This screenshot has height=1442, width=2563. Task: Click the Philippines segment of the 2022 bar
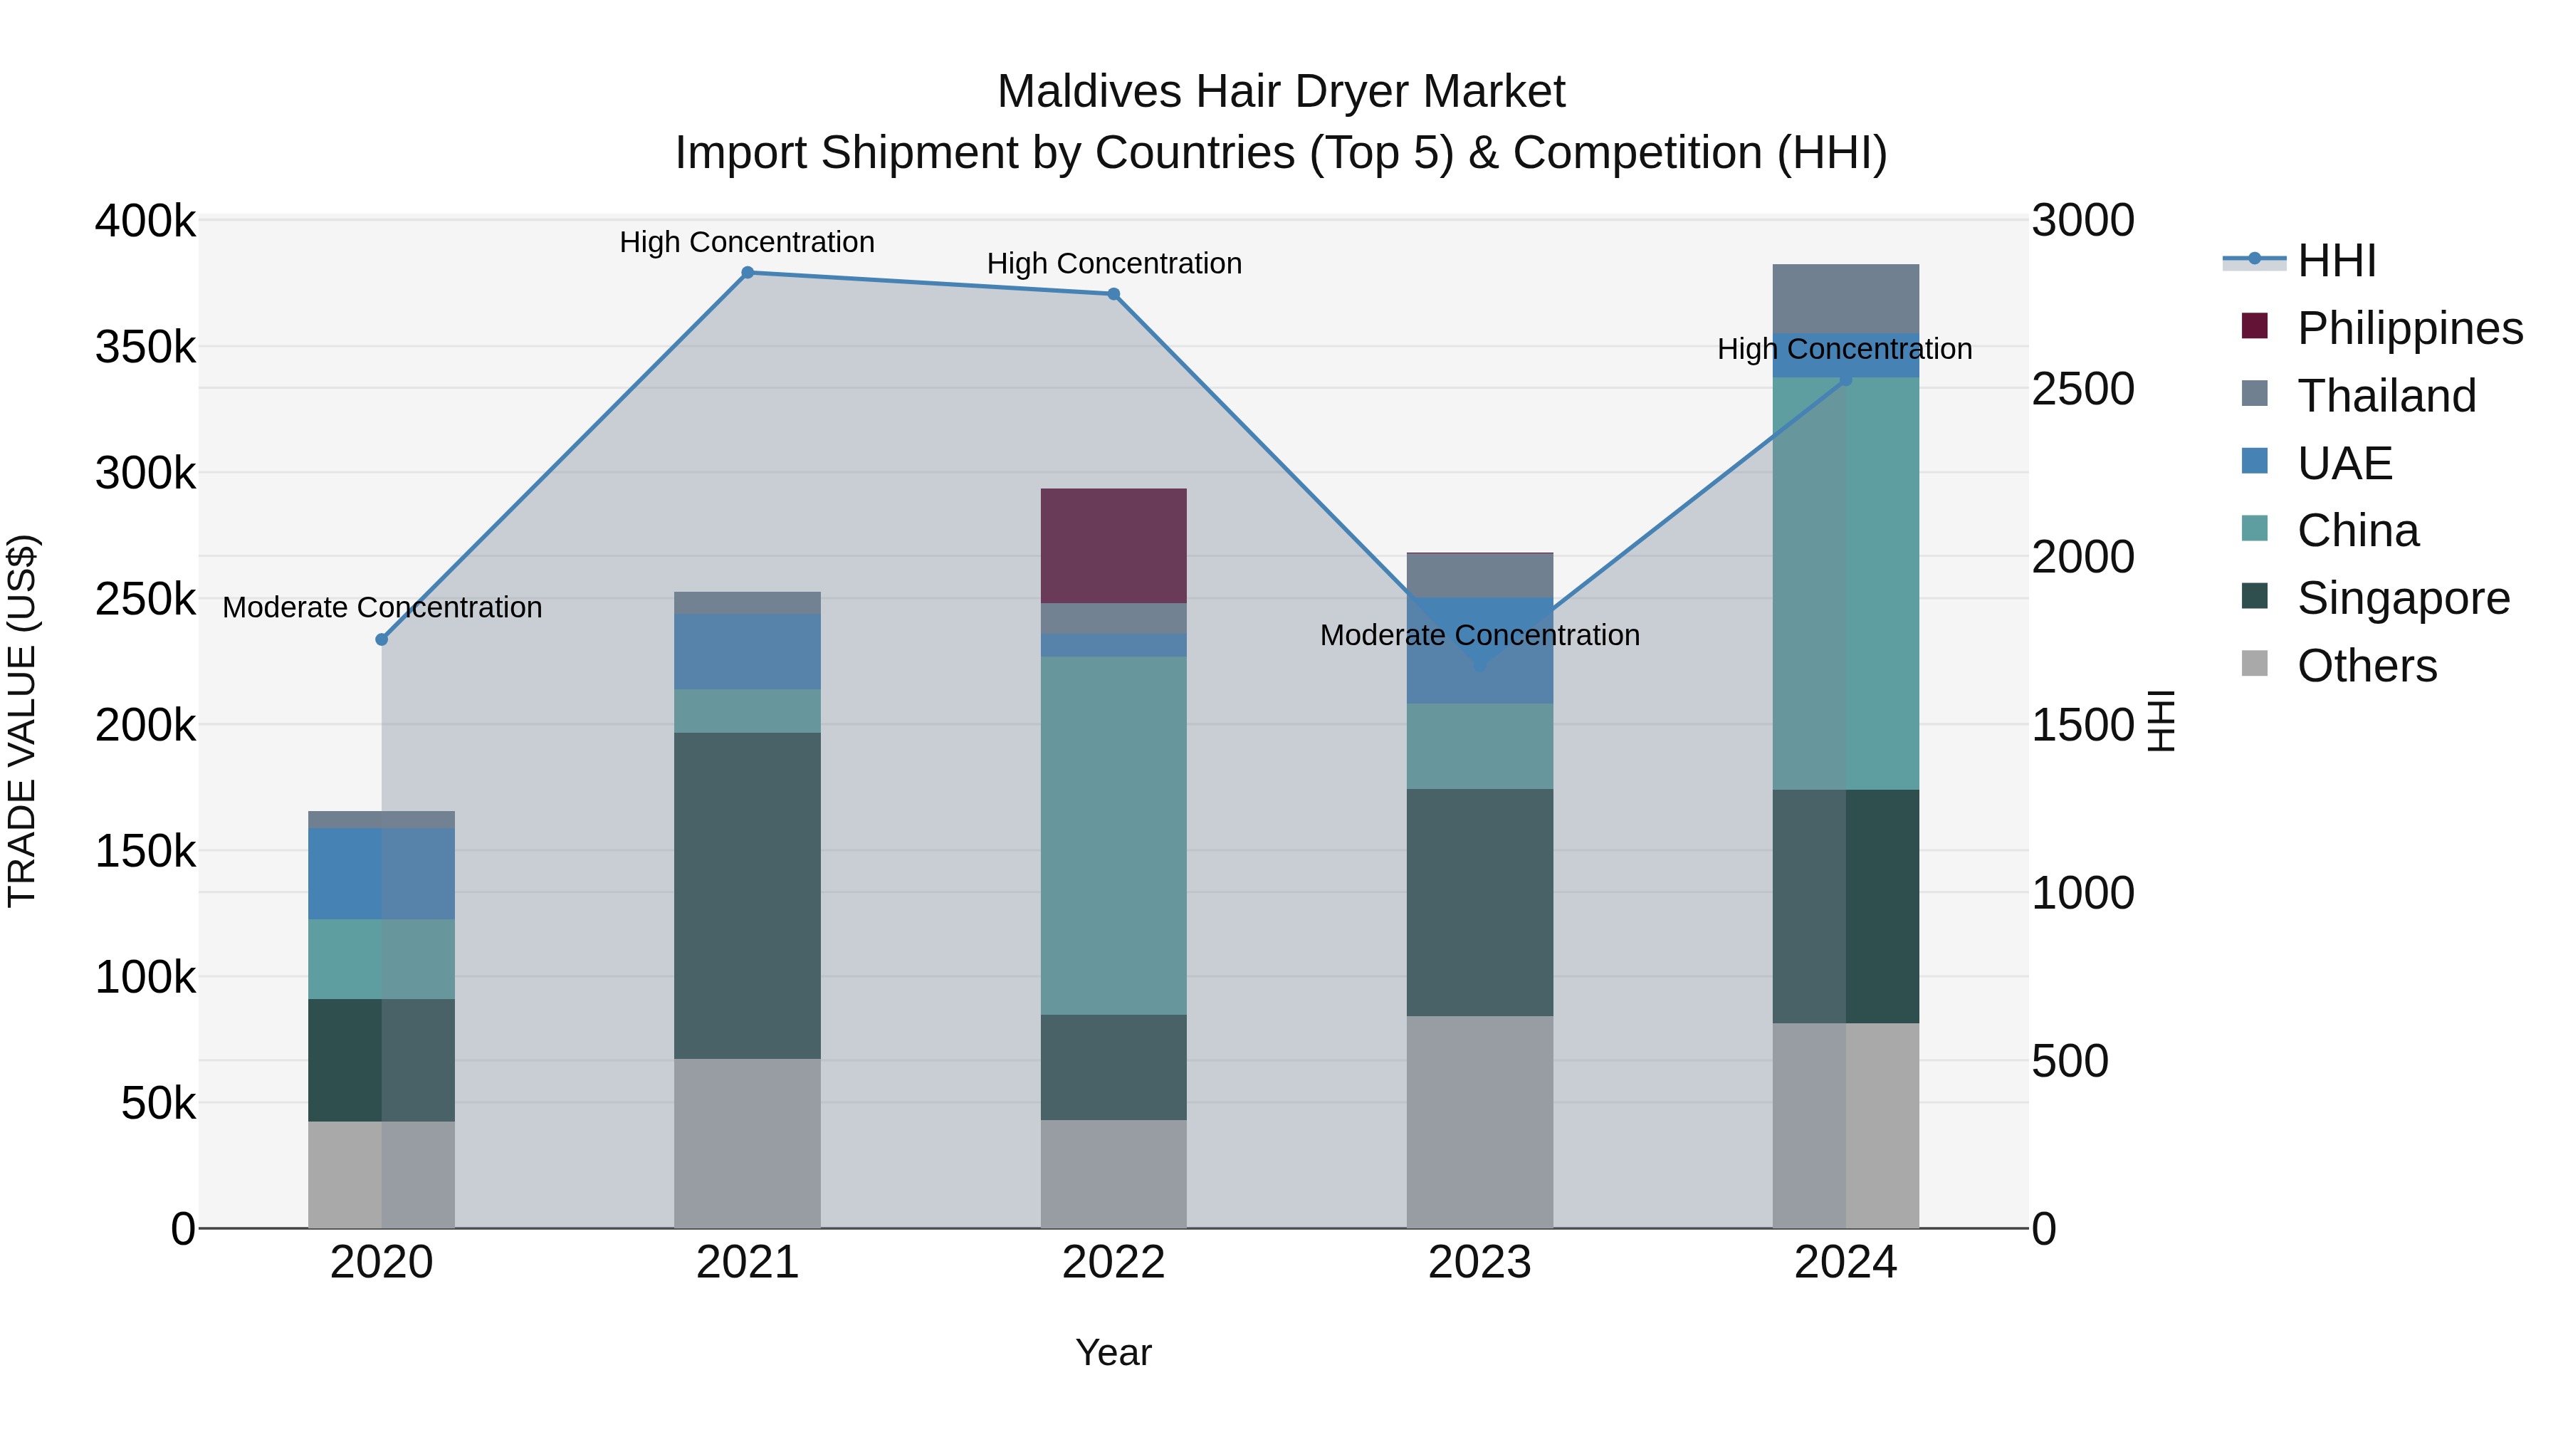(1113, 545)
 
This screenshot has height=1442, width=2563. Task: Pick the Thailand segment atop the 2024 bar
(1845, 298)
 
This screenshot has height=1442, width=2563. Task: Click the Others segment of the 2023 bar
(1479, 1121)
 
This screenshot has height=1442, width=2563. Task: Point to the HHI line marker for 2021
(748, 273)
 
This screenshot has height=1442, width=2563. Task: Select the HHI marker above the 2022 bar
(1113, 293)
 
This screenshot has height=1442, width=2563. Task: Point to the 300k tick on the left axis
(145, 474)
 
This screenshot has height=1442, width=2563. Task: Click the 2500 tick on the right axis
(2082, 389)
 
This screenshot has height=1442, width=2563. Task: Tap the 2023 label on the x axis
(1479, 1263)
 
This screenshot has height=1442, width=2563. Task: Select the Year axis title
(1113, 1352)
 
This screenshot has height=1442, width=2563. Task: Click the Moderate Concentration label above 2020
(382, 607)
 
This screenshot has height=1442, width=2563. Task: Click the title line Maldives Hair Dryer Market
(1281, 92)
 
